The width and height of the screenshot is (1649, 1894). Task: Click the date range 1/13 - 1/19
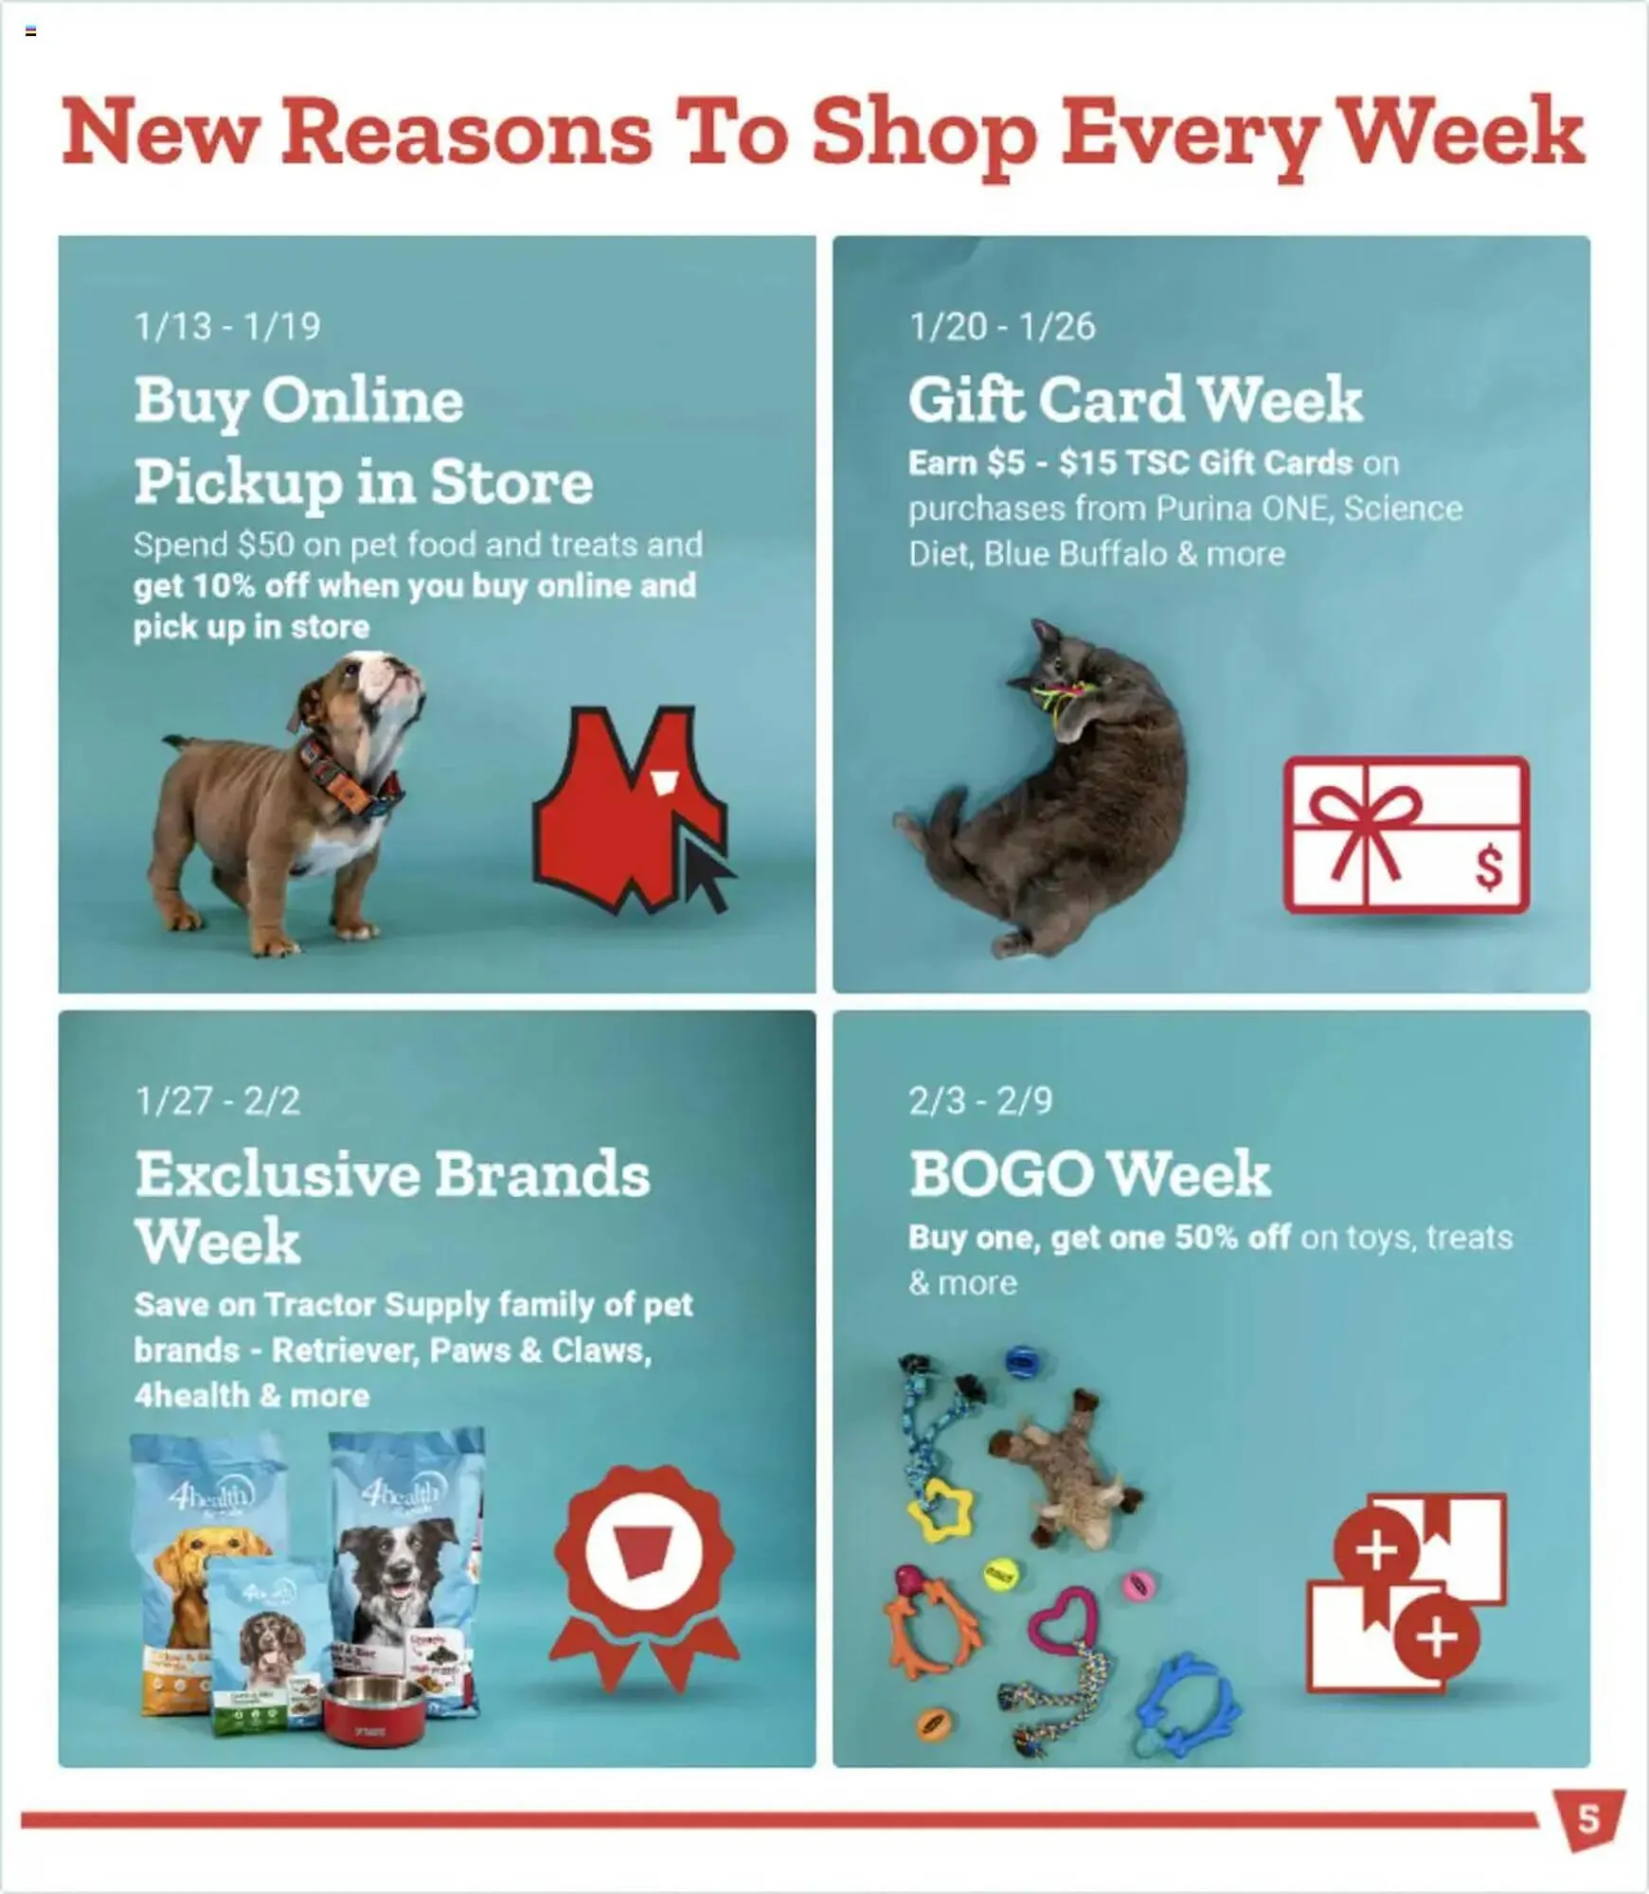pos(227,327)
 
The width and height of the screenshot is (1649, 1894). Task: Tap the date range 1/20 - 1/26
pos(1001,327)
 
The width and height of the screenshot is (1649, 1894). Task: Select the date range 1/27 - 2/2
pos(217,1100)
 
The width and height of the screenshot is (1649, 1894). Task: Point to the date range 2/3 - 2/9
pos(979,1100)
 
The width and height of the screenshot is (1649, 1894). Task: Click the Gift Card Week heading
pos(1135,399)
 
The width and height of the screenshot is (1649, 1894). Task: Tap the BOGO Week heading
pos(1089,1174)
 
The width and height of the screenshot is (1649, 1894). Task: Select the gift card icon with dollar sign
pos(1406,834)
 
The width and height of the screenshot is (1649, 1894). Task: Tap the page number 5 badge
pos(1588,1819)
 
